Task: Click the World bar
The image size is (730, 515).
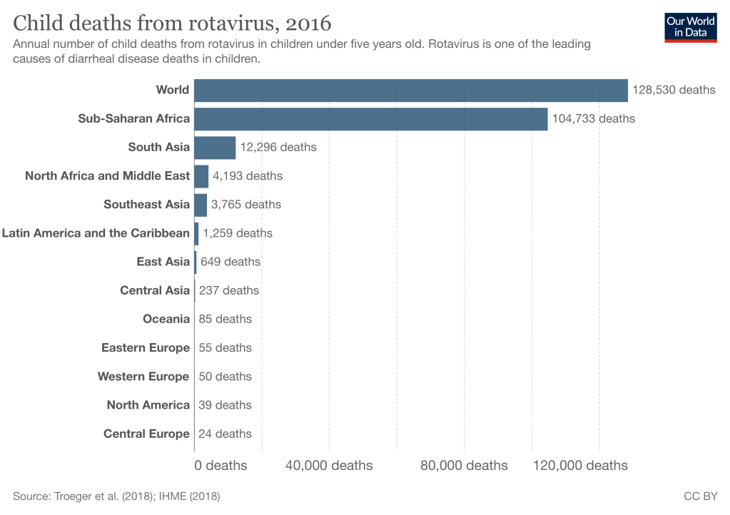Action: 410,91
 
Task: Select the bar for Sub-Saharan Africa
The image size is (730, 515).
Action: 370,119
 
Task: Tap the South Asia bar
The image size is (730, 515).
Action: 215,148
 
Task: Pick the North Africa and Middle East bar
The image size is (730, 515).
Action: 201,176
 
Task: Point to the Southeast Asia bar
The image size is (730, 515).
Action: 201,205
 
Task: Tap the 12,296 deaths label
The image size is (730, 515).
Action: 278,148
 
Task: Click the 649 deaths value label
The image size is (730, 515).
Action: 230,262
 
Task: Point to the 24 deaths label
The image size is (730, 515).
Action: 225,434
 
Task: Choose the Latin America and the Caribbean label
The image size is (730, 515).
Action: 96,233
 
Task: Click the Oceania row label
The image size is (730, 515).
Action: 166,319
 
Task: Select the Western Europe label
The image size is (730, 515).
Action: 143,377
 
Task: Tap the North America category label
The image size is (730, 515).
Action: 148,405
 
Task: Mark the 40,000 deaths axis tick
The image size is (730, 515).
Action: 329,466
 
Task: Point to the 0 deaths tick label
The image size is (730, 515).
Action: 220,466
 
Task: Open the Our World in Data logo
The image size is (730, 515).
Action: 690,27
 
